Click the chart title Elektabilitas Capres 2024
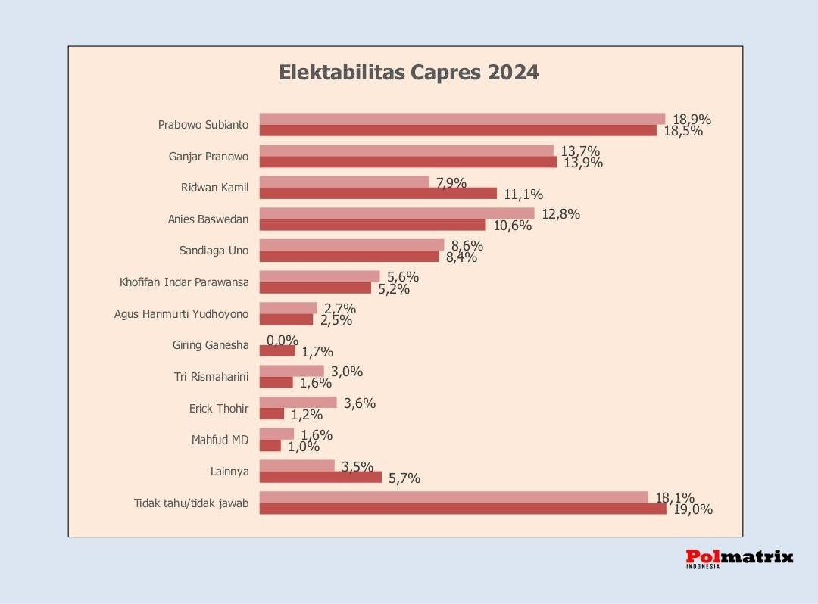coord(409,73)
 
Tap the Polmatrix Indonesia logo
coord(739,559)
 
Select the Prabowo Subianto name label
coord(203,125)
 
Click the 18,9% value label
coord(692,119)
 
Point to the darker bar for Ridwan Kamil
coord(378,194)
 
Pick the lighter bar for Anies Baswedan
coord(397,213)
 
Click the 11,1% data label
coord(523,195)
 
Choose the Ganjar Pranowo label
coord(208,157)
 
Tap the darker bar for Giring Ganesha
coord(277,351)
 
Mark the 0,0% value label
coord(283,341)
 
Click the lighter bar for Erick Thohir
coord(298,403)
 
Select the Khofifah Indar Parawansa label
coord(184,283)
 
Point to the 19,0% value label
coord(693,509)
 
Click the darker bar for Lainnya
coord(320,478)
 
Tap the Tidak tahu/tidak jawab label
coord(191,503)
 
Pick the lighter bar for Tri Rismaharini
coord(292,371)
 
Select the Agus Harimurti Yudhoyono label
coord(181,314)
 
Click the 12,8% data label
coord(560,214)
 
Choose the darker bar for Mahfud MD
coord(270,446)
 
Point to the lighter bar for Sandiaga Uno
coord(351,244)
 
